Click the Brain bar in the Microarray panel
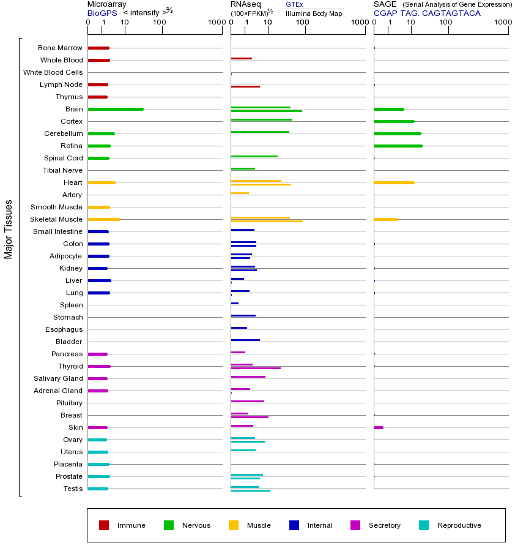[116, 109]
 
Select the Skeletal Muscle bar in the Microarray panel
[104, 219]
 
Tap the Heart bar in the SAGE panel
[394, 182]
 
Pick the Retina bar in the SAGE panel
[398, 146]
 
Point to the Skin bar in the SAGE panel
[379, 427]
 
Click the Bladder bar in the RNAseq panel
[245, 340]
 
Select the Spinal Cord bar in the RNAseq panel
[254, 156]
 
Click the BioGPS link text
[102, 13]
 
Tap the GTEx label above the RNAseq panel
[294, 4]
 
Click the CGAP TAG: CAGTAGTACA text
[427, 13]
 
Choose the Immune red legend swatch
[104, 525]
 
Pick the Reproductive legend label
[459, 525]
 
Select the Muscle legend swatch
[234, 525]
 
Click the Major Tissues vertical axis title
[9, 229]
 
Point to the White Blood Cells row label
[53, 72]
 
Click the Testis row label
[73, 489]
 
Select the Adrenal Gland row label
[59, 391]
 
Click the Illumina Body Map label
[314, 13]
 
